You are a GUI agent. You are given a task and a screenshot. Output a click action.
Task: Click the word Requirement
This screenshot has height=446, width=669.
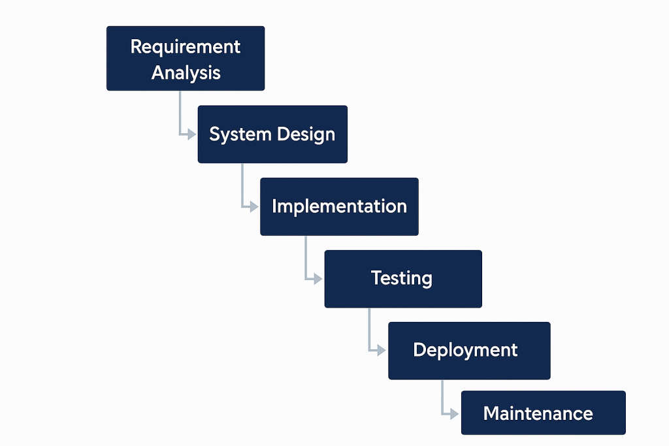(186, 47)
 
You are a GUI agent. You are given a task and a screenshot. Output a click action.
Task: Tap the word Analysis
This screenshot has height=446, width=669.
(186, 72)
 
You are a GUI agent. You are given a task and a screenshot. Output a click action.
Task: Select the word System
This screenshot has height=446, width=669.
(231, 135)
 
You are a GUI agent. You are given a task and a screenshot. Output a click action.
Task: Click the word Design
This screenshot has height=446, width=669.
(306, 135)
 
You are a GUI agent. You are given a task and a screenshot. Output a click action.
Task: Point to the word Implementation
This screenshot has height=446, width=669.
(339, 206)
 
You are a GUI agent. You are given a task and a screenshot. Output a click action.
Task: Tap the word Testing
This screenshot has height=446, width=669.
(402, 278)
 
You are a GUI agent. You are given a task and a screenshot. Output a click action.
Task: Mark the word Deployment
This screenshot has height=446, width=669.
(465, 350)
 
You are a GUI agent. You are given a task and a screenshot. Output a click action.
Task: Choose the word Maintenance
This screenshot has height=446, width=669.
(538, 413)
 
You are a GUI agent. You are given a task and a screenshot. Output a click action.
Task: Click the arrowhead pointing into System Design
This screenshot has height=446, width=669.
(191, 134)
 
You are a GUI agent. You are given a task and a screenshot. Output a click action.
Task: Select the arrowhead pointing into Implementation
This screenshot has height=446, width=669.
(253, 206)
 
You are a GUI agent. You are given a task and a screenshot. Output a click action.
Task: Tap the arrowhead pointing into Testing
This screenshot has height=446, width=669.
(318, 278)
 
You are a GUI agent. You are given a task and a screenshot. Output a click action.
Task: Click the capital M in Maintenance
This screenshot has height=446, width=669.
(491, 413)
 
